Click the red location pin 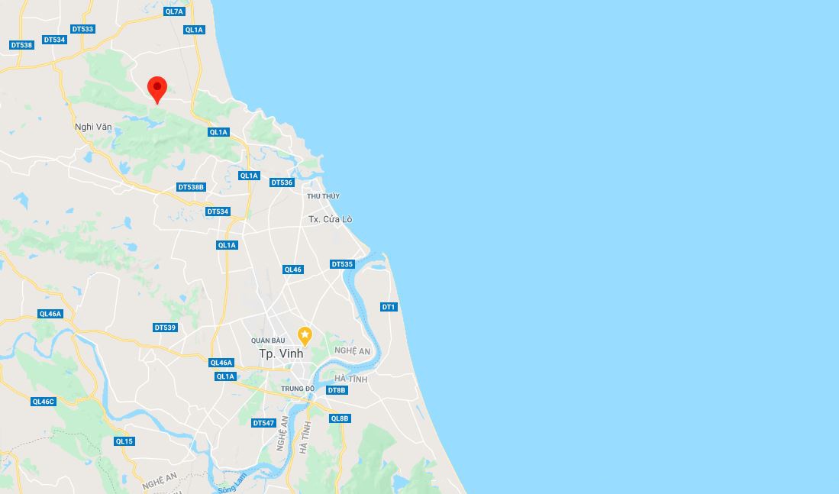(x=157, y=89)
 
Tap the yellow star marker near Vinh (x=305, y=335)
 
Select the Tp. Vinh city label (x=281, y=354)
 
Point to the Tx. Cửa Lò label (x=330, y=219)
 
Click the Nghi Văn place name (x=93, y=127)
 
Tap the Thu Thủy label (x=323, y=196)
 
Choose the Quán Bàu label (x=268, y=340)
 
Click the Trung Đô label (x=298, y=389)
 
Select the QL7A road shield (x=174, y=11)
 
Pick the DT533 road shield (x=82, y=29)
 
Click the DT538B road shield (x=191, y=187)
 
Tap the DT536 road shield (x=282, y=182)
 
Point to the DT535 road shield (x=342, y=264)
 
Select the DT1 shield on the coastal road (x=389, y=307)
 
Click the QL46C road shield (x=44, y=402)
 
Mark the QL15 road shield (x=124, y=441)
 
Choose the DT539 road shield (x=165, y=328)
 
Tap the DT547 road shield (x=263, y=423)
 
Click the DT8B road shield (x=337, y=390)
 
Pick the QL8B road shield (x=340, y=418)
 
